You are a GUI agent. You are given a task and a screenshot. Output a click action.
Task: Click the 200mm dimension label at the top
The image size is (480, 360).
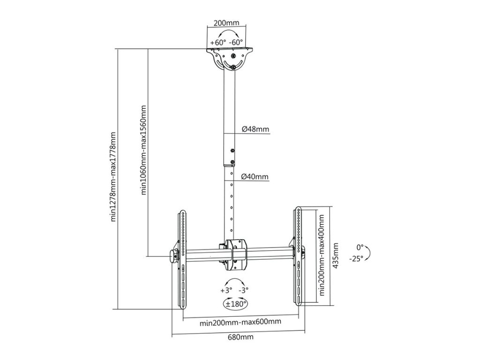point(226,22)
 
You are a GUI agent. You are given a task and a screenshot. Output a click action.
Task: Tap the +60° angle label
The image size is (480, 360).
point(218,42)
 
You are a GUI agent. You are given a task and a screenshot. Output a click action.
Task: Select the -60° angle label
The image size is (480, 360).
point(236,42)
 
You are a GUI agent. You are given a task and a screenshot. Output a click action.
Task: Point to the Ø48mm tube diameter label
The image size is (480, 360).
point(255,129)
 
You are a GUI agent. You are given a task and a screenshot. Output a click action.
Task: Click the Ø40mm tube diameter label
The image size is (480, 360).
point(255,177)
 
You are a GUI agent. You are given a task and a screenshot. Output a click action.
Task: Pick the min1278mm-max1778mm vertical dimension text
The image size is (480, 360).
point(113,176)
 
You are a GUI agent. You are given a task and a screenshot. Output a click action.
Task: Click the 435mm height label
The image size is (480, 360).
point(336,255)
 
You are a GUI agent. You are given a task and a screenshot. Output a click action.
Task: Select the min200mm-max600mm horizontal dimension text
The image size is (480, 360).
point(240,322)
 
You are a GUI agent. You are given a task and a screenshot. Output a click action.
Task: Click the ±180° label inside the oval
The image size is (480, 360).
point(236,304)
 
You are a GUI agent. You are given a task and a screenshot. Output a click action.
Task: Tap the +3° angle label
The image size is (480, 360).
point(225,290)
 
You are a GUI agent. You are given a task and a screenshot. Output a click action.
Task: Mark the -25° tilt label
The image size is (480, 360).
point(356,259)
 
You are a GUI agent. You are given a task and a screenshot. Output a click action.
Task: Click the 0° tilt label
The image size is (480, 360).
point(360,247)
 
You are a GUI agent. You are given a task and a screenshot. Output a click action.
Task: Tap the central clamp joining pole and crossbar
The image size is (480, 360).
point(235,255)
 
